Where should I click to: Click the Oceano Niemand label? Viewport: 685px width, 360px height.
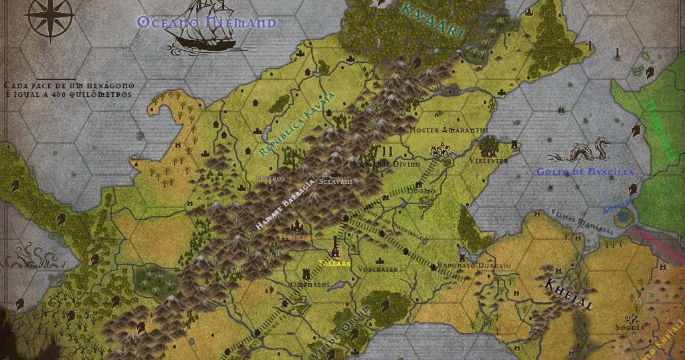tap(206, 23)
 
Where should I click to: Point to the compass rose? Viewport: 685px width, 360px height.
tap(52, 18)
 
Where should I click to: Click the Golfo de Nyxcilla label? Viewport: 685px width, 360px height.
tap(585, 172)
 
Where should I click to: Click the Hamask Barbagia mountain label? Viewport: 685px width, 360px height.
tap(284, 205)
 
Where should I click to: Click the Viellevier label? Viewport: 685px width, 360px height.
tap(488, 161)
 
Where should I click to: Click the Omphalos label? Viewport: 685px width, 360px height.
tap(310, 284)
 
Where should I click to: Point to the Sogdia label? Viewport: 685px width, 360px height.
tap(630, 327)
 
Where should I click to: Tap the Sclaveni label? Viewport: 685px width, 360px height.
tap(335, 181)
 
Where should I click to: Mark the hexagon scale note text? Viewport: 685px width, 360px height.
tap(70, 90)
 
